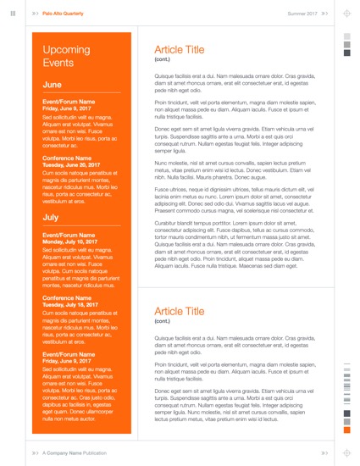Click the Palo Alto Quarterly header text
tap(64, 14)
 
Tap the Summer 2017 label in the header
tap(302, 14)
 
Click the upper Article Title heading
tap(179, 50)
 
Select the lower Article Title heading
tap(179, 313)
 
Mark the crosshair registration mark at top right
tap(346, 14)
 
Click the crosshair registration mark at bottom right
tap(346, 453)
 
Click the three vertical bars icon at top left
tap(13, 14)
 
